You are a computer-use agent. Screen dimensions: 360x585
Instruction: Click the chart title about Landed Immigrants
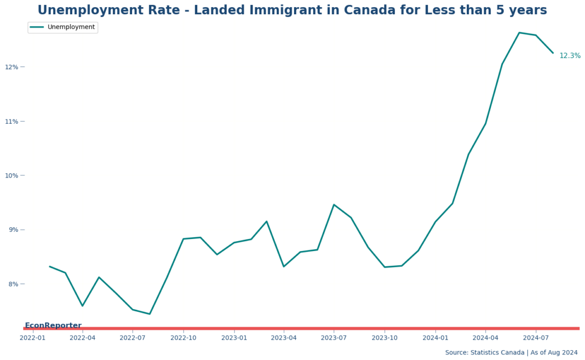pos(292,10)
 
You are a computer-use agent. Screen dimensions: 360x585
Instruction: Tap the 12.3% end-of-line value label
pos(570,56)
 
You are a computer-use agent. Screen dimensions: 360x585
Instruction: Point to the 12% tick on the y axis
pos(12,67)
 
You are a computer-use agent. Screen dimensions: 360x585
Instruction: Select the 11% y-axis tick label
pos(12,121)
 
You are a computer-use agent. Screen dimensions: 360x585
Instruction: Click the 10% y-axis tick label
pos(12,175)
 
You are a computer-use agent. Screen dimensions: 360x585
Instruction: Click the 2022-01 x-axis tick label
pos(32,338)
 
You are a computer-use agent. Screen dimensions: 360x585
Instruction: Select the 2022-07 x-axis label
pos(133,338)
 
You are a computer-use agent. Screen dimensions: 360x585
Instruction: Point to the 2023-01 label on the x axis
pos(234,338)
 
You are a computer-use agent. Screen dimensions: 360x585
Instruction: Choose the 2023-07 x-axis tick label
pos(334,338)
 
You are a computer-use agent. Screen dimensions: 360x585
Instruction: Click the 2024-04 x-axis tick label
pos(485,338)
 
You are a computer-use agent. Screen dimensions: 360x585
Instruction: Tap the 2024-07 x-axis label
pos(536,338)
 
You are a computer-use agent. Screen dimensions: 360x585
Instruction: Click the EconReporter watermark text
pos(53,325)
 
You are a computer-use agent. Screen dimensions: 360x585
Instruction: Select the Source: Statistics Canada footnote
pos(511,352)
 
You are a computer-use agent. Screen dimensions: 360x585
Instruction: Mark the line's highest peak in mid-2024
pos(519,33)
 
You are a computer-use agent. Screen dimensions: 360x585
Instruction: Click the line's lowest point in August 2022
pos(150,314)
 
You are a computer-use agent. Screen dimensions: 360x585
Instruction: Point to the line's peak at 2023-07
pos(334,205)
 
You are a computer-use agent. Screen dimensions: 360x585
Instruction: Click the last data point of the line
pos(553,53)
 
